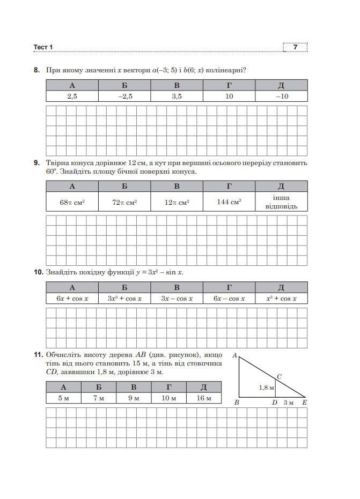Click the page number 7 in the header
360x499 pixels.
(x=295, y=48)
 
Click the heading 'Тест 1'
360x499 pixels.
(x=43, y=48)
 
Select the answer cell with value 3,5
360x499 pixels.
(x=177, y=96)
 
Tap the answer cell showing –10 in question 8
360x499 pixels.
(x=281, y=96)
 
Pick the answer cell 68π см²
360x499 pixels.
(x=72, y=202)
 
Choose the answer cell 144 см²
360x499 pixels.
(x=229, y=202)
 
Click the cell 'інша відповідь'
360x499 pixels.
(x=281, y=202)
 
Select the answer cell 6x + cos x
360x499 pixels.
(x=72, y=299)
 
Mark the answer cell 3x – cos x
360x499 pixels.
(x=177, y=299)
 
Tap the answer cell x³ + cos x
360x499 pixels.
(x=281, y=299)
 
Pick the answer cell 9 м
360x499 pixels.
(x=134, y=398)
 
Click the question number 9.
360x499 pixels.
(x=36, y=162)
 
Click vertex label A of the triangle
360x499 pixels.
(x=234, y=355)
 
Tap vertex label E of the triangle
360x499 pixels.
(x=304, y=403)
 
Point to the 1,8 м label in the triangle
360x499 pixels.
(x=266, y=387)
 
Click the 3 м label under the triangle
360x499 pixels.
(x=289, y=403)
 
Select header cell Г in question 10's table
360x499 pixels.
(x=229, y=287)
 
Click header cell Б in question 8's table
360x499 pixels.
(x=124, y=85)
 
